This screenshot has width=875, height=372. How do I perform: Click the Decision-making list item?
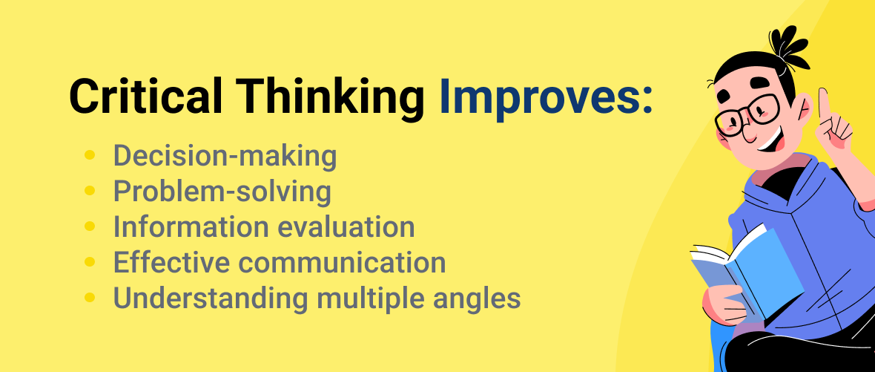[x=225, y=156]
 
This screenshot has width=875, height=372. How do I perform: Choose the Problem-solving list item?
[x=222, y=192]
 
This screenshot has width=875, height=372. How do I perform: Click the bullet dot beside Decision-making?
[x=90, y=156]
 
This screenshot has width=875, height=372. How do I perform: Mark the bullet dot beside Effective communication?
[x=90, y=262]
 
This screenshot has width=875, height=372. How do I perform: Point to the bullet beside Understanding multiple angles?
[x=90, y=298]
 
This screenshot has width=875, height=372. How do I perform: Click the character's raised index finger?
[x=823, y=104]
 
